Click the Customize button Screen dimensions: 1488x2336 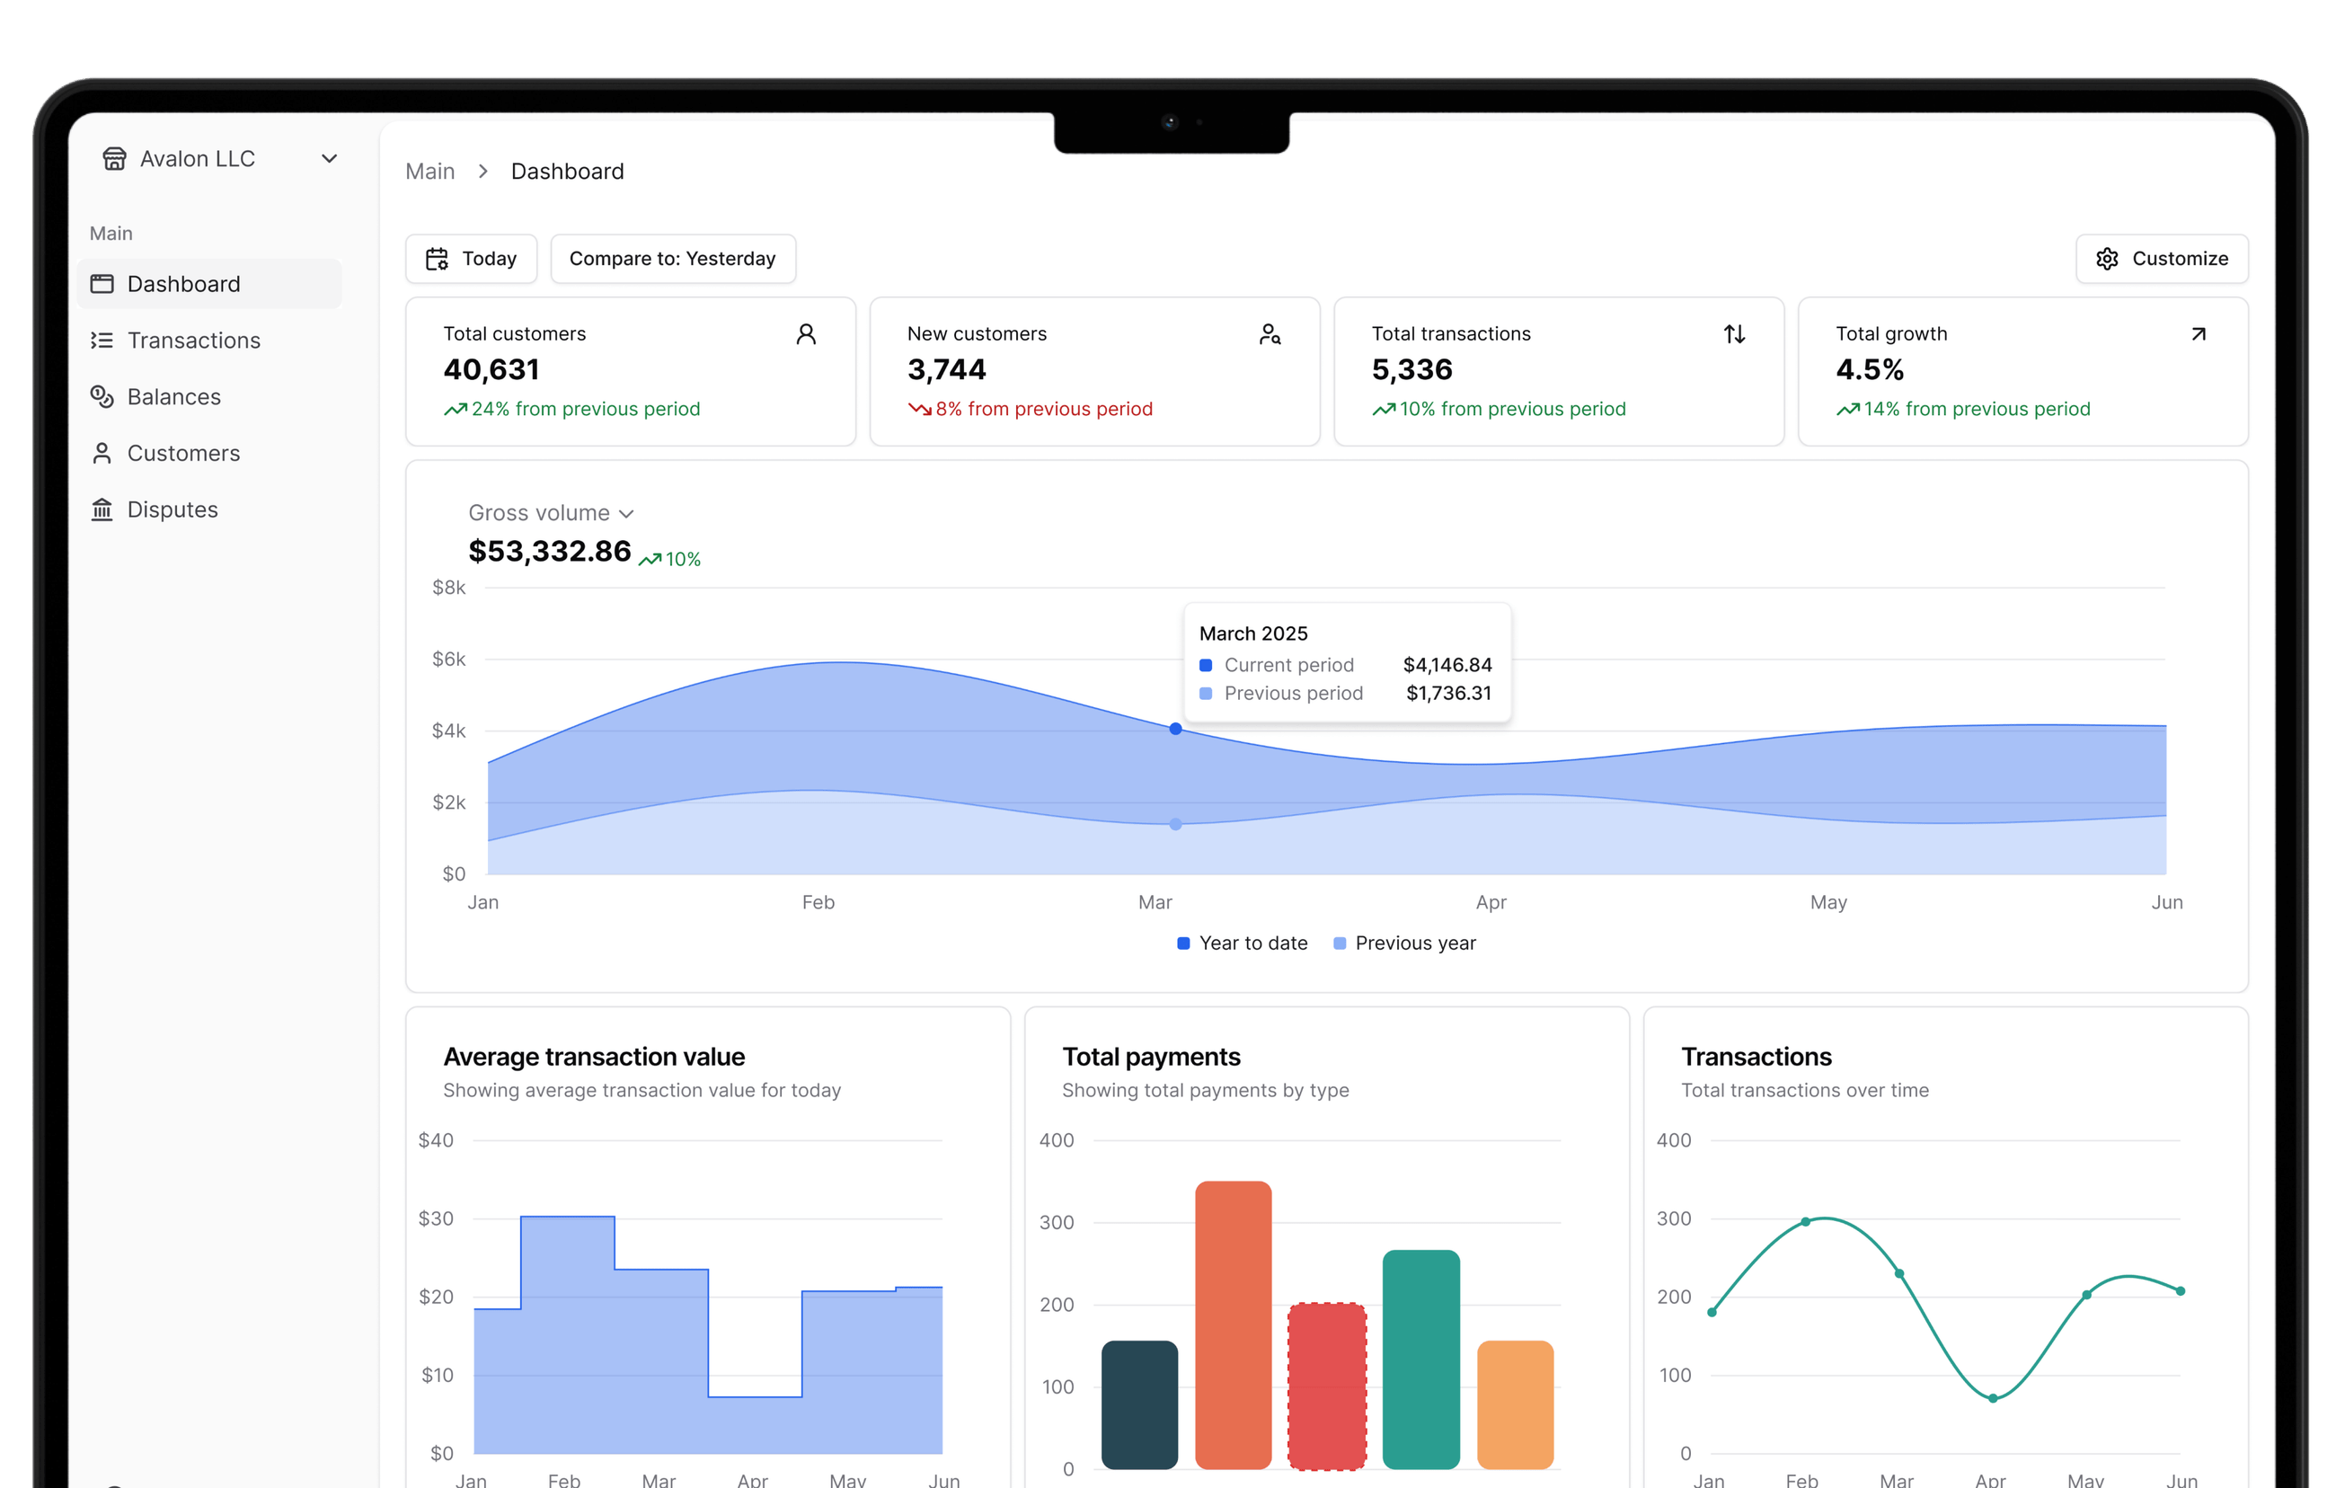point(2162,259)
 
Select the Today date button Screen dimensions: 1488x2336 point(472,259)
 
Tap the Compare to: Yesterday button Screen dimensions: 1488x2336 point(672,259)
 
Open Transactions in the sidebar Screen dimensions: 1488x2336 point(193,341)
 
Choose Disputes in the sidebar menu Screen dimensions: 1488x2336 point(172,509)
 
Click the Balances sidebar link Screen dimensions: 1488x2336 point(173,397)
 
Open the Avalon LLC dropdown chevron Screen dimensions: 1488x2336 point(330,159)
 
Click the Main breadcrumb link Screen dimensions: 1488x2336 point(429,172)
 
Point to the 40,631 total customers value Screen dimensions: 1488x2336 point(491,369)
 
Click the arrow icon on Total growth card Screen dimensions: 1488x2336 point(2199,334)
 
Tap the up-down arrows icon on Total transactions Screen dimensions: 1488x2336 point(1735,334)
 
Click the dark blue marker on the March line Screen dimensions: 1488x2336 point(1176,729)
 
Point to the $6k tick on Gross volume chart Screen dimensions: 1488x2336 point(449,660)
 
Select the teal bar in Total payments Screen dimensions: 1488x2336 point(1420,1358)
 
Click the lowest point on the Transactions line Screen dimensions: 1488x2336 point(1993,1398)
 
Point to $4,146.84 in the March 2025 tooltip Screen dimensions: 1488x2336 point(1447,666)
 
